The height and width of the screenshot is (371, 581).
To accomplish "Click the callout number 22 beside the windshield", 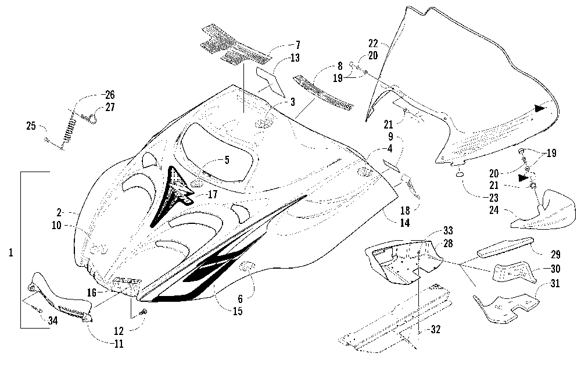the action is (373, 44).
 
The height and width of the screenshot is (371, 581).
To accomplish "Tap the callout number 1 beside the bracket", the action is (10, 252).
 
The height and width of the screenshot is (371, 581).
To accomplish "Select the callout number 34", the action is (53, 320).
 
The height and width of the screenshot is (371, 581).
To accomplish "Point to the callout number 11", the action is (119, 344).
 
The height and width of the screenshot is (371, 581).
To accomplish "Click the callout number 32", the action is (436, 329).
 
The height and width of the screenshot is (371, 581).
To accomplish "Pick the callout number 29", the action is (555, 254).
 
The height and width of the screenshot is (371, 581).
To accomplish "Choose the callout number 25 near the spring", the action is (31, 126).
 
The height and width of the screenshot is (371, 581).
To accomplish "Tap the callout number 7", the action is (297, 45).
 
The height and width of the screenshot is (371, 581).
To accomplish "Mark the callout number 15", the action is (238, 311).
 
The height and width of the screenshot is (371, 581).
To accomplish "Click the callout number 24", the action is (494, 210).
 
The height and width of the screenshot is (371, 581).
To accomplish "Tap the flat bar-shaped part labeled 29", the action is (505, 247).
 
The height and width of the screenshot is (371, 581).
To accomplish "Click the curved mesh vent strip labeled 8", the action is (323, 94).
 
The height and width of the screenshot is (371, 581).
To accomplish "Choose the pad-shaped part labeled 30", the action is (512, 272).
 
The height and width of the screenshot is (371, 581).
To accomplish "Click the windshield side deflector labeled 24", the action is (543, 210).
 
